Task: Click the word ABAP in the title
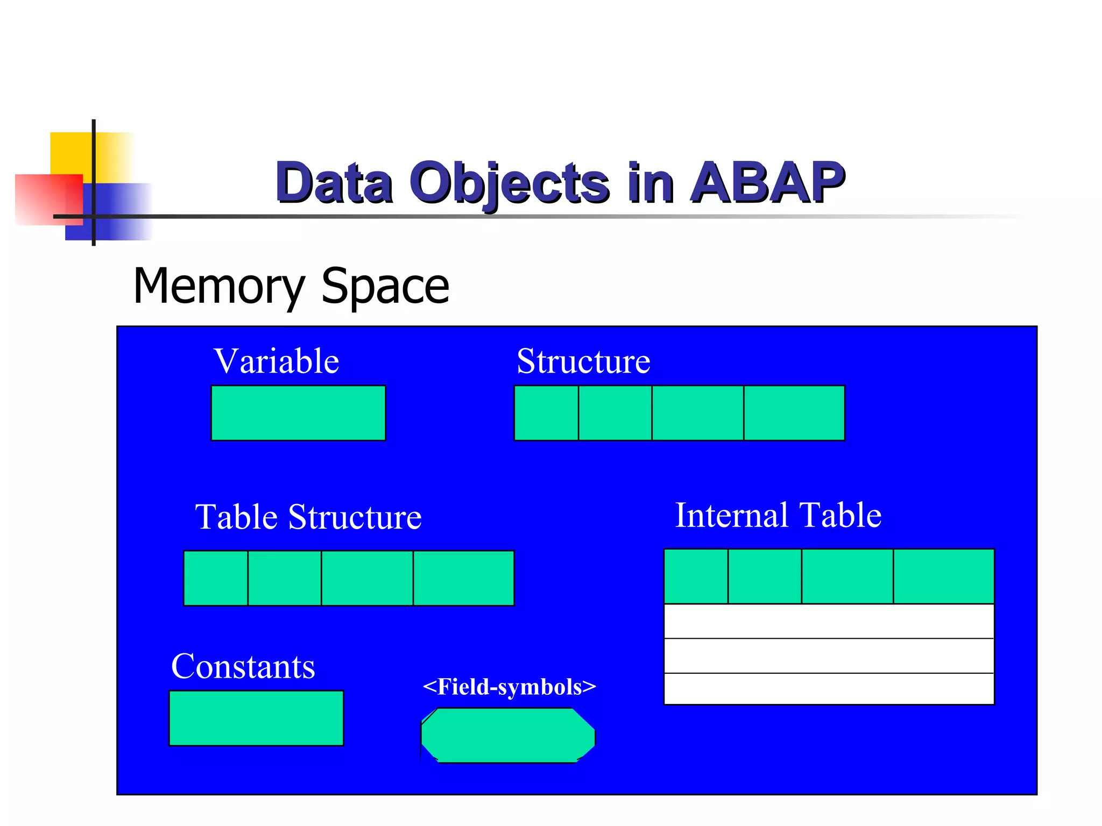[x=767, y=183]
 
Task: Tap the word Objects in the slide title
[x=509, y=183]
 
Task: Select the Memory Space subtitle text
[x=291, y=286]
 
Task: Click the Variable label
[x=276, y=361]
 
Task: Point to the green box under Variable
[x=298, y=413]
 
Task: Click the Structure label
[x=583, y=361]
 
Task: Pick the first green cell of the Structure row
[x=546, y=413]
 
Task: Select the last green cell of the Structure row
[x=794, y=413]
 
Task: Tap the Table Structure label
[x=308, y=517]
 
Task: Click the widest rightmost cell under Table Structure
[x=463, y=578]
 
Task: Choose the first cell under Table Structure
[x=216, y=578]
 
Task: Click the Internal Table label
[x=778, y=515]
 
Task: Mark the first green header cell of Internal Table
[x=696, y=576]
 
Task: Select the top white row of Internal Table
[x=829, y=621]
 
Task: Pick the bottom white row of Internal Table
[x=829, y=688]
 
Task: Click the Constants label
[x=243, y=666]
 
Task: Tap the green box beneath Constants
[x=256, y=718]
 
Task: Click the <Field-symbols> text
[x=509, y=687]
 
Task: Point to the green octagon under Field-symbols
[x=508, y=735]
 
